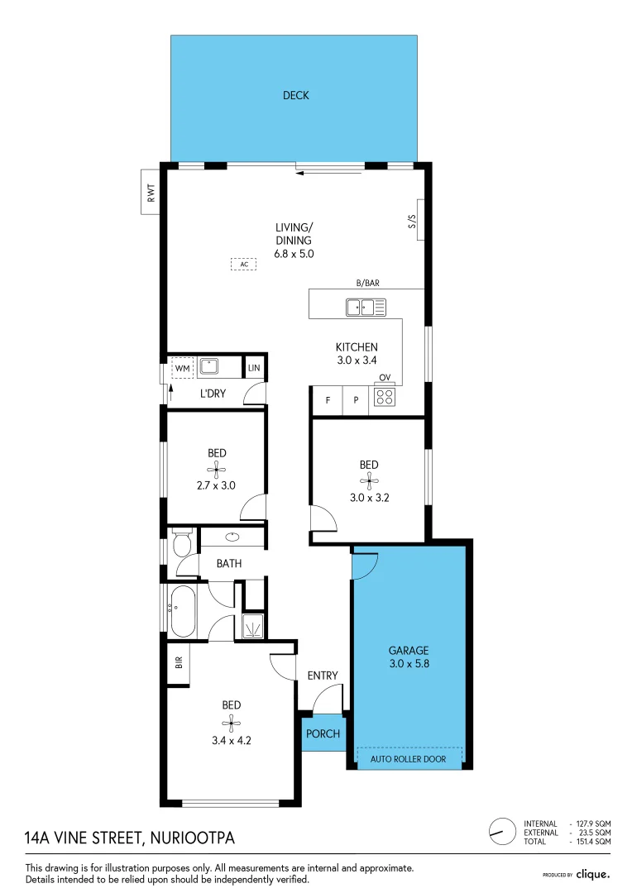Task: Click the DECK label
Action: coord(296,95)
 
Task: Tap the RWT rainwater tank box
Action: coord(151,192)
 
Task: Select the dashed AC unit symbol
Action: coord(243,265)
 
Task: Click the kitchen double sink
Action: coord(366,307)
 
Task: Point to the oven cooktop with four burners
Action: coord(385,396)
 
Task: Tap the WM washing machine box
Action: coord(182,368)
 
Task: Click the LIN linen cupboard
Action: coord(254,367)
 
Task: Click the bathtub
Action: coord(182,611)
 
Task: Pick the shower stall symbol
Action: coord(253,627)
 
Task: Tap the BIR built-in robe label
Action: coord(179,662)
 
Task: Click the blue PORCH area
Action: coord(323,733)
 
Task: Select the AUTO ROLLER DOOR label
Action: coord(408,758)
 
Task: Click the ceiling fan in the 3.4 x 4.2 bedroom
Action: coord(231,723)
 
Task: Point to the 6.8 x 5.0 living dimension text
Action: coord(294,254)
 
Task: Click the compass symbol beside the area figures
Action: coord(503,833)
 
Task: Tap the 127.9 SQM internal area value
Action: coord(593,824)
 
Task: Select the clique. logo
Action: coord(592,874)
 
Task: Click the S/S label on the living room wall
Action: coord(413,221)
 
